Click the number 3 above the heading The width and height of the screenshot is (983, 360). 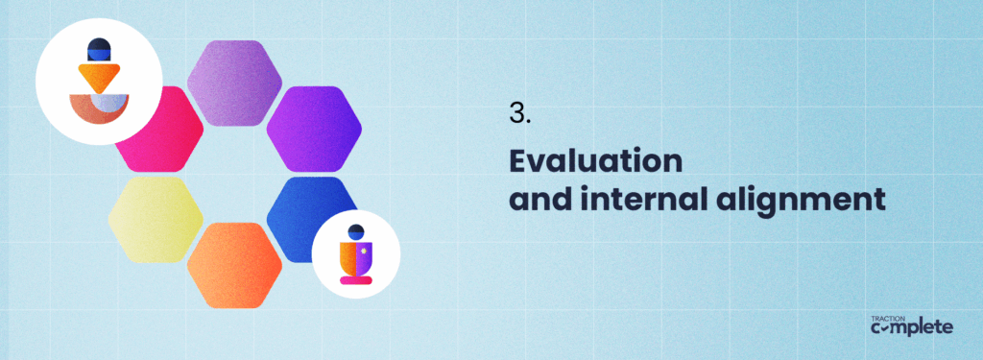point(518,113)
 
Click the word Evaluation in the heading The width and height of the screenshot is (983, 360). point(595,160)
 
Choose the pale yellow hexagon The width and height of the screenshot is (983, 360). point(155,219)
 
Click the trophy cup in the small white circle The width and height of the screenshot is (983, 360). point(355,257)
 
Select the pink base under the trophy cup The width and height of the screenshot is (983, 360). point(355,280)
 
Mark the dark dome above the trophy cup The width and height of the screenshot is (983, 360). point(355,231)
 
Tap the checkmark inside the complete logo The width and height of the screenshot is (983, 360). point(889,328)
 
